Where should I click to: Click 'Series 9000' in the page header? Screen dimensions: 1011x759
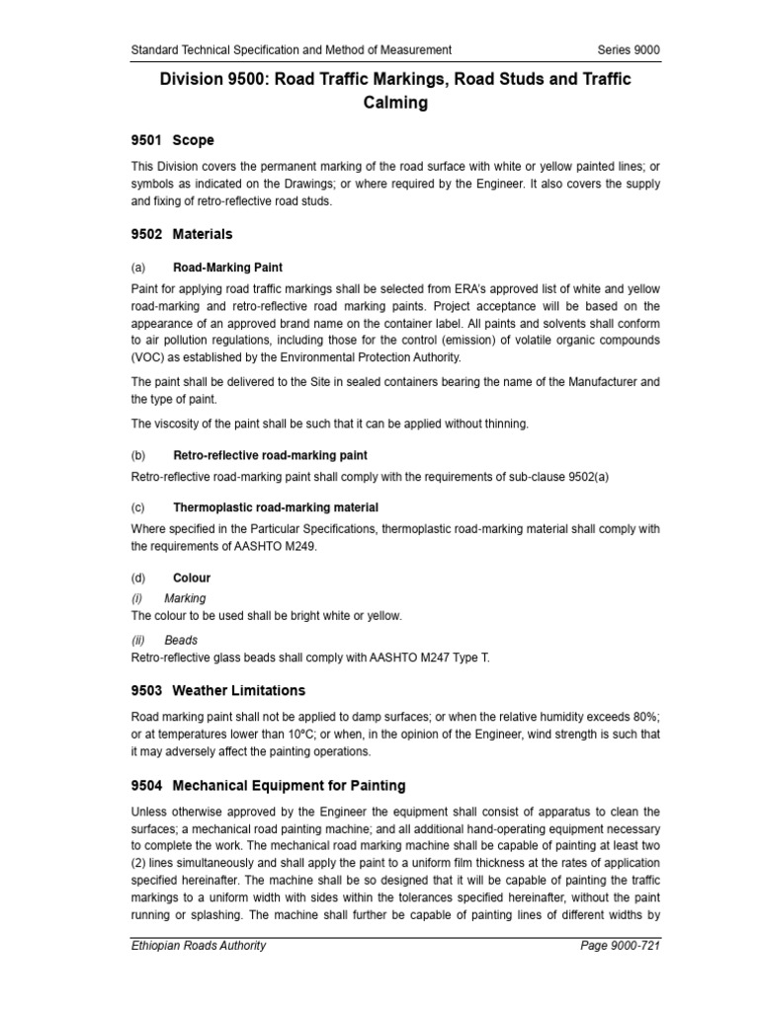coord(629,49)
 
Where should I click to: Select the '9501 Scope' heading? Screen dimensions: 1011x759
coord(173,140)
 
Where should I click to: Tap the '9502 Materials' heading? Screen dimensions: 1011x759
coord(182,235)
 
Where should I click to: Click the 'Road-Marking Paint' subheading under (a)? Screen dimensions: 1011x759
coord(227,268)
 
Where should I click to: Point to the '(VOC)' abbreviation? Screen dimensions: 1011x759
coord(149,357)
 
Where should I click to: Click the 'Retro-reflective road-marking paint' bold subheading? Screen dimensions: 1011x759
coord(270,456)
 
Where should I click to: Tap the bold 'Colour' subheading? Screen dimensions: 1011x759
coord(192,578)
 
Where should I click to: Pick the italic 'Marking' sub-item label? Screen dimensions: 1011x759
coord(185,598)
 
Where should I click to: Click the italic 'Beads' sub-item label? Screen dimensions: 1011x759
coord(181,640)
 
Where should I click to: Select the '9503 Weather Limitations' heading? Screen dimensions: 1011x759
coord(218,690)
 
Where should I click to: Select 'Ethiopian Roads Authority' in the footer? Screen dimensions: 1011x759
coord(199,973)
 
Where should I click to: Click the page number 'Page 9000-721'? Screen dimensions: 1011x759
coord(620,973)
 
